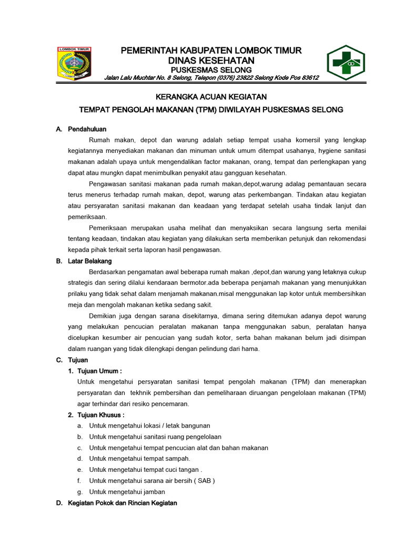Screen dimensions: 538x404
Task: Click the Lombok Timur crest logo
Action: click(x=74, y=63)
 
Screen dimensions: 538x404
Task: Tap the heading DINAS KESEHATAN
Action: click(x=211, y=60)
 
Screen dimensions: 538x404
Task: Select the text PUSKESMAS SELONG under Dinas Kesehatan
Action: click(x=211, y=70)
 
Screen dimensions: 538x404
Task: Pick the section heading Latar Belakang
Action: click(x=90, y=261)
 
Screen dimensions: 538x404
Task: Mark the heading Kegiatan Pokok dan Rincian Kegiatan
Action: click(x=123, y=503)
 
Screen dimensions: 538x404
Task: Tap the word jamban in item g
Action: click(x=154, y=492)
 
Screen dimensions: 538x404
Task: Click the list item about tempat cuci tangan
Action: click(x=145, y=470)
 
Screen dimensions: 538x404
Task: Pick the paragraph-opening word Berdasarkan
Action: click(x=108, y=272)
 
